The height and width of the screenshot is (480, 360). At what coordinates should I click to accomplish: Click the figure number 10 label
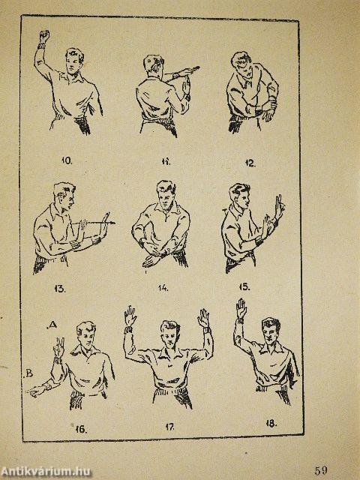click(67, 160)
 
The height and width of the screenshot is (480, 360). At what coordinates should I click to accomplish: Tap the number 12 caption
click(250, 163)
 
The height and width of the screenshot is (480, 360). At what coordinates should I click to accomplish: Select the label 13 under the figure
click(60, 289)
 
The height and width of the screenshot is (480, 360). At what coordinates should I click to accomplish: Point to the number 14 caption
click(163, 288)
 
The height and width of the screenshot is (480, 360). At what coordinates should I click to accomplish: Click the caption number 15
click(244, 286)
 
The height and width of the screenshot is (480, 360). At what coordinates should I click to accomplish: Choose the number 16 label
click(81, 429)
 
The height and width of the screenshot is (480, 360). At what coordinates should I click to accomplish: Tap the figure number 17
click(170, 427)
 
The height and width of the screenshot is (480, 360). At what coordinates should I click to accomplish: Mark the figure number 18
click(271, 424)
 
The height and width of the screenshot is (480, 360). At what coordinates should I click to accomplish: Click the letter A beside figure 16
click(52, 325)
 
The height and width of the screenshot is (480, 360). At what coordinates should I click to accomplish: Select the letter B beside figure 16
click(28, 373)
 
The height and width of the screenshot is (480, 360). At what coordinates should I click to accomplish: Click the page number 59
click(321, 470)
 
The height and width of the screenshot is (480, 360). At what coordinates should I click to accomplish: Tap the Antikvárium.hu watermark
click(45, 472)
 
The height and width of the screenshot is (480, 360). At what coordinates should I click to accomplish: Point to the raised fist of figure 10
click(44, 36)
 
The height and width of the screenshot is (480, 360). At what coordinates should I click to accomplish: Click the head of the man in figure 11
click(153, 64)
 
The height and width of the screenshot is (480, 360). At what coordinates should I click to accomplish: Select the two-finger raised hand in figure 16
click(59, 346)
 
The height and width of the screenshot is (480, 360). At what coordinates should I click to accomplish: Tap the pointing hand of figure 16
click(36, 391)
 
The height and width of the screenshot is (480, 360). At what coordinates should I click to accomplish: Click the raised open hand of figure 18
click(241, 308)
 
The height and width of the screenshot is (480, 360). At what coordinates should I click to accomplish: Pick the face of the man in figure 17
click(170, 334)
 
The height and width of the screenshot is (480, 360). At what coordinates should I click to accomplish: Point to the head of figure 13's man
click(64, 196)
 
